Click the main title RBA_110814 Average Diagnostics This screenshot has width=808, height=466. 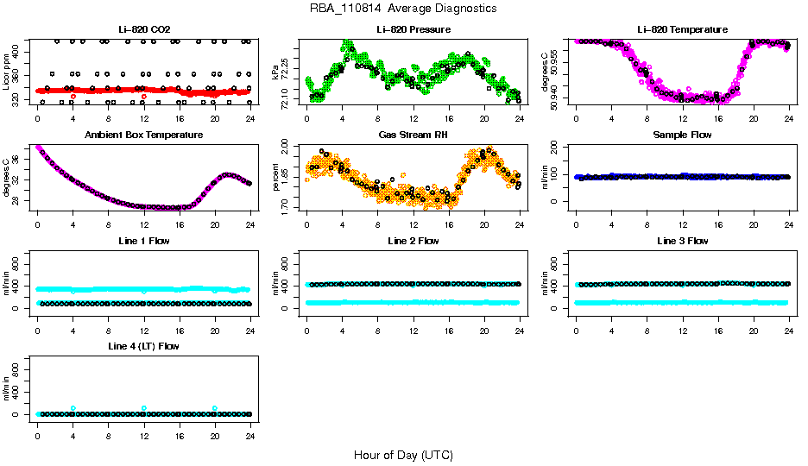[403, 9]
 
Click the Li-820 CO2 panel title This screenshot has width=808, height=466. [143, 29]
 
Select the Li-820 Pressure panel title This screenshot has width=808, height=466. [413, 29]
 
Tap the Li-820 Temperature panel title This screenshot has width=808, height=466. [682, 29]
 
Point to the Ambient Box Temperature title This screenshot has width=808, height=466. [143, 135]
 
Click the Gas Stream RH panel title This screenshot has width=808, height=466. [413, 135]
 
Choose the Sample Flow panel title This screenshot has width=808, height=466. [682, 135]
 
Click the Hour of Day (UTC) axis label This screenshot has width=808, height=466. [403, 455]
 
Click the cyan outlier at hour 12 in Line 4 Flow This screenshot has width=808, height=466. [144, 408]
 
